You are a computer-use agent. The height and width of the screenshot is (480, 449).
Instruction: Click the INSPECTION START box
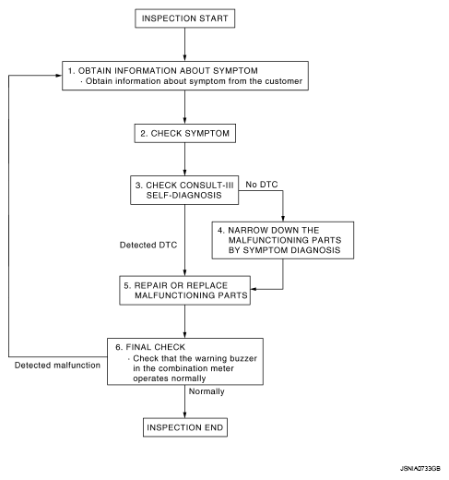click(185, 18)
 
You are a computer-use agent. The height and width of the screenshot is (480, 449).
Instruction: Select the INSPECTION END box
click(185, 427)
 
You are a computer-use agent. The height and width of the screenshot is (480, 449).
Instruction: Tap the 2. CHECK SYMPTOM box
click(185, 133)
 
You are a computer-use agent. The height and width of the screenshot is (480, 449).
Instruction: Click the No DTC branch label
click(262, 185)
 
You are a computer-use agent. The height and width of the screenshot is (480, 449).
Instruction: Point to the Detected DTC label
click(148, 245)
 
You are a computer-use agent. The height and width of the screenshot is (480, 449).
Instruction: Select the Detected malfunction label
click(57, 366)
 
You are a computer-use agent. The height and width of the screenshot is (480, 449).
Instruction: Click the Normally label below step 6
click(207, 391)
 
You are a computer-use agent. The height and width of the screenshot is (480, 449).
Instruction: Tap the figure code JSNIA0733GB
click(420, 469)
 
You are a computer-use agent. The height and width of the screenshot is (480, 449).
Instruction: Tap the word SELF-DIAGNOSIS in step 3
click(183, 195)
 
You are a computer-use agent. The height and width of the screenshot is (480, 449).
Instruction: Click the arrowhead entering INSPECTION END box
click(184, 414)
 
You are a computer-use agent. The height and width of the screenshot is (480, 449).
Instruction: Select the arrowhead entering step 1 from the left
click(58, 76)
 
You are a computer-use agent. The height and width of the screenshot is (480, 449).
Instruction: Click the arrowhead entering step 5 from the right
click(254, 289)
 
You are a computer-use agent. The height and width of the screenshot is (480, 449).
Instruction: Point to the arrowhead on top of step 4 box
click(283, 218)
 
